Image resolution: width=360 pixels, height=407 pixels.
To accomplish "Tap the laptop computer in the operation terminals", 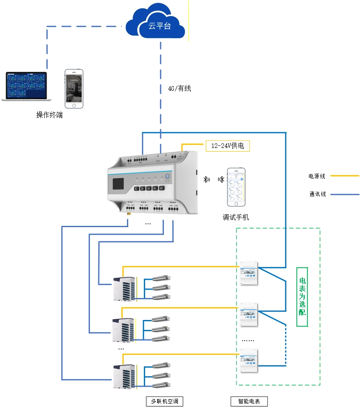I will [26, 86].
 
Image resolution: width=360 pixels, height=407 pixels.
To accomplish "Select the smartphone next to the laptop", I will [74, 88].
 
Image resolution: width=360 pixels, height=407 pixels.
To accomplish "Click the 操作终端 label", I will [49, 115].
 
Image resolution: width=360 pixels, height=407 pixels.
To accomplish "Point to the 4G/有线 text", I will [179, 88].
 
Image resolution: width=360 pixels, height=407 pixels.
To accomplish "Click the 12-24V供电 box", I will [228, 146].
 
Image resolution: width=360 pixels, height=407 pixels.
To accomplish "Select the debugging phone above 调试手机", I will [236, 187].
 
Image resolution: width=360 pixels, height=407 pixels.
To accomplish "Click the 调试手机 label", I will [236, 217].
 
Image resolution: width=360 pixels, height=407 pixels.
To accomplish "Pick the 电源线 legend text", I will [317, 176].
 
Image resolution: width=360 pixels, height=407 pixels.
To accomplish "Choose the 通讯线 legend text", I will [317, 194].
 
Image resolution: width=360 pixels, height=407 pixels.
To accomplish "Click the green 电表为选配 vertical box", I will [302, 297].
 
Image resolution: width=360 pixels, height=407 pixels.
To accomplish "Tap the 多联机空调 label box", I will [165, 401].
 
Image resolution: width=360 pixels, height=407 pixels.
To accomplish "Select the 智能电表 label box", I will [249, 401].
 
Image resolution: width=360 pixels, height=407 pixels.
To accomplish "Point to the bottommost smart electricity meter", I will [249, 361].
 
